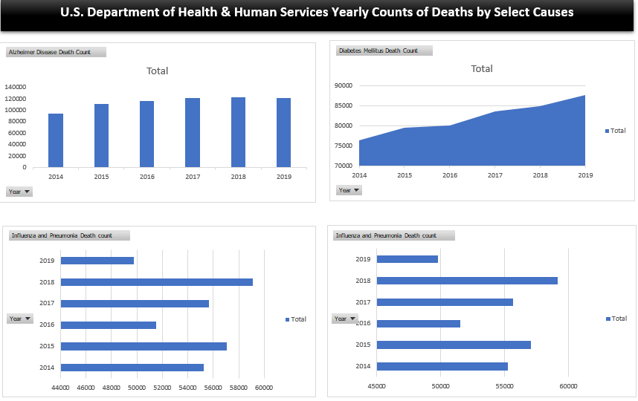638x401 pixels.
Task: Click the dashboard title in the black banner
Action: [318, 13]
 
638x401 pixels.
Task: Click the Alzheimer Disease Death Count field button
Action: [56, 52]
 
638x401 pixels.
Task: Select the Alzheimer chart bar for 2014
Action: [56, 140]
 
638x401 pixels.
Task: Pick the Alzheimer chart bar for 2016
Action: [147, 134]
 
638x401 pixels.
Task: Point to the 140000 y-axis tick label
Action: [16, 87]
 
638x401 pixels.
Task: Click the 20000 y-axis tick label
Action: [17, 156]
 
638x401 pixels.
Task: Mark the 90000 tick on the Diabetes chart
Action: [343, 86]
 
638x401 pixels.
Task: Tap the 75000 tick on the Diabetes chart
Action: [343, 146]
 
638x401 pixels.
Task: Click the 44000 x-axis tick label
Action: [60, 387]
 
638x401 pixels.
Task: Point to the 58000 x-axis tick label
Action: [238, 387]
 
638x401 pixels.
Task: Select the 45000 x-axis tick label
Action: [377, 386]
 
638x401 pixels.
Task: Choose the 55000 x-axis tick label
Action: [504, 386]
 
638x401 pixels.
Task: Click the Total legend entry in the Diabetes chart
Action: [616, 131]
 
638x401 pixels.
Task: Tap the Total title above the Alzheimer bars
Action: [158, 71]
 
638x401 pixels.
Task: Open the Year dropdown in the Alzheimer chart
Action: [19, 192]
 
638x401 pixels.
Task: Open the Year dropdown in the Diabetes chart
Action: [349, 190]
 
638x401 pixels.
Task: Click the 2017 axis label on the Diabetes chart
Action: [494, 175]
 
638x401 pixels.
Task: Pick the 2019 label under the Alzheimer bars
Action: [283, 177]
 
